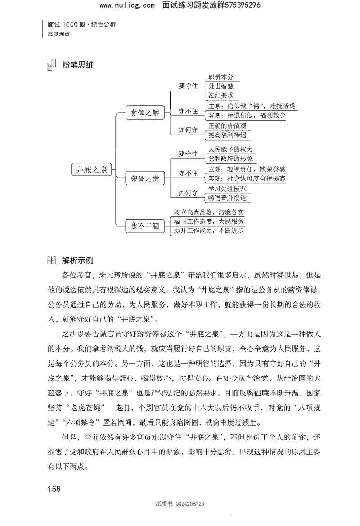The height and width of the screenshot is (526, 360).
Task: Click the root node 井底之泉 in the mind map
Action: click(91, 170)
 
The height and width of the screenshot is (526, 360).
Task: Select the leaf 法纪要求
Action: click(220, 95)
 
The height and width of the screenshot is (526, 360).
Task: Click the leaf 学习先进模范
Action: click(227, 189)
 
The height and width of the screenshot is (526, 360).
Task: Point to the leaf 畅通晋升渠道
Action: click(227, 198)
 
